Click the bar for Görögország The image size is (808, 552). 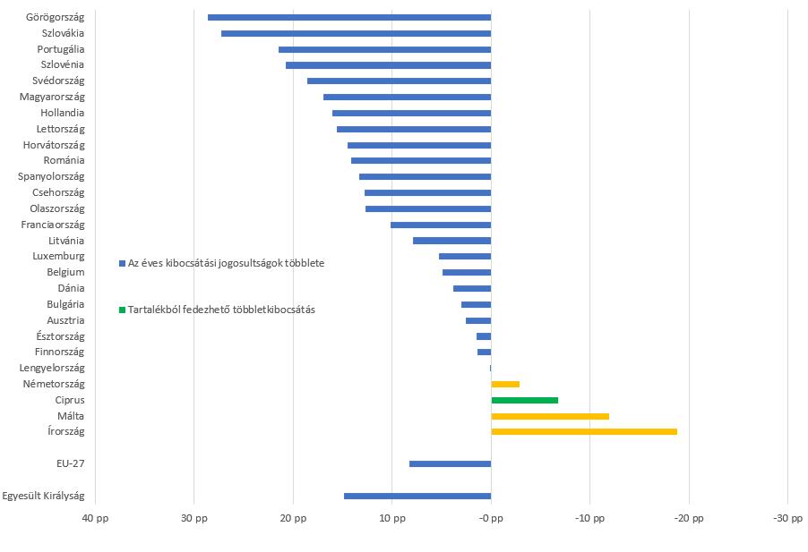(349, 17)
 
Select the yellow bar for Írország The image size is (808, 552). (584, 432)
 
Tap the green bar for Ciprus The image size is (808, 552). (524, 400)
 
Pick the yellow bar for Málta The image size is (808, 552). (550, 416)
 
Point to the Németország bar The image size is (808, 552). (505, 384)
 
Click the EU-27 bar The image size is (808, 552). (450, 463)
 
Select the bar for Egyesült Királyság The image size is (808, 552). (417, 496)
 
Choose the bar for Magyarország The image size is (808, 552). (407, 97)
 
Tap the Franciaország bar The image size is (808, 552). (441, 225)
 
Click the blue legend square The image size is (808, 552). (122, 264)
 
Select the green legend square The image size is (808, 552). (122, 310)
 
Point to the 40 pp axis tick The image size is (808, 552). (95, 519)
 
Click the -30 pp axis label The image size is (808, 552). (787, 519)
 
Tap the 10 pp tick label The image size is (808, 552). (391, 519)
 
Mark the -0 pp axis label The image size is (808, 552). (491, 519)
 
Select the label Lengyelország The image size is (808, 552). (52, 368)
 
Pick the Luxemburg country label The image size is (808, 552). (58, 256)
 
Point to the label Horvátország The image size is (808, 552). (54, 145)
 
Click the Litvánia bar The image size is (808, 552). (451, 241)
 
